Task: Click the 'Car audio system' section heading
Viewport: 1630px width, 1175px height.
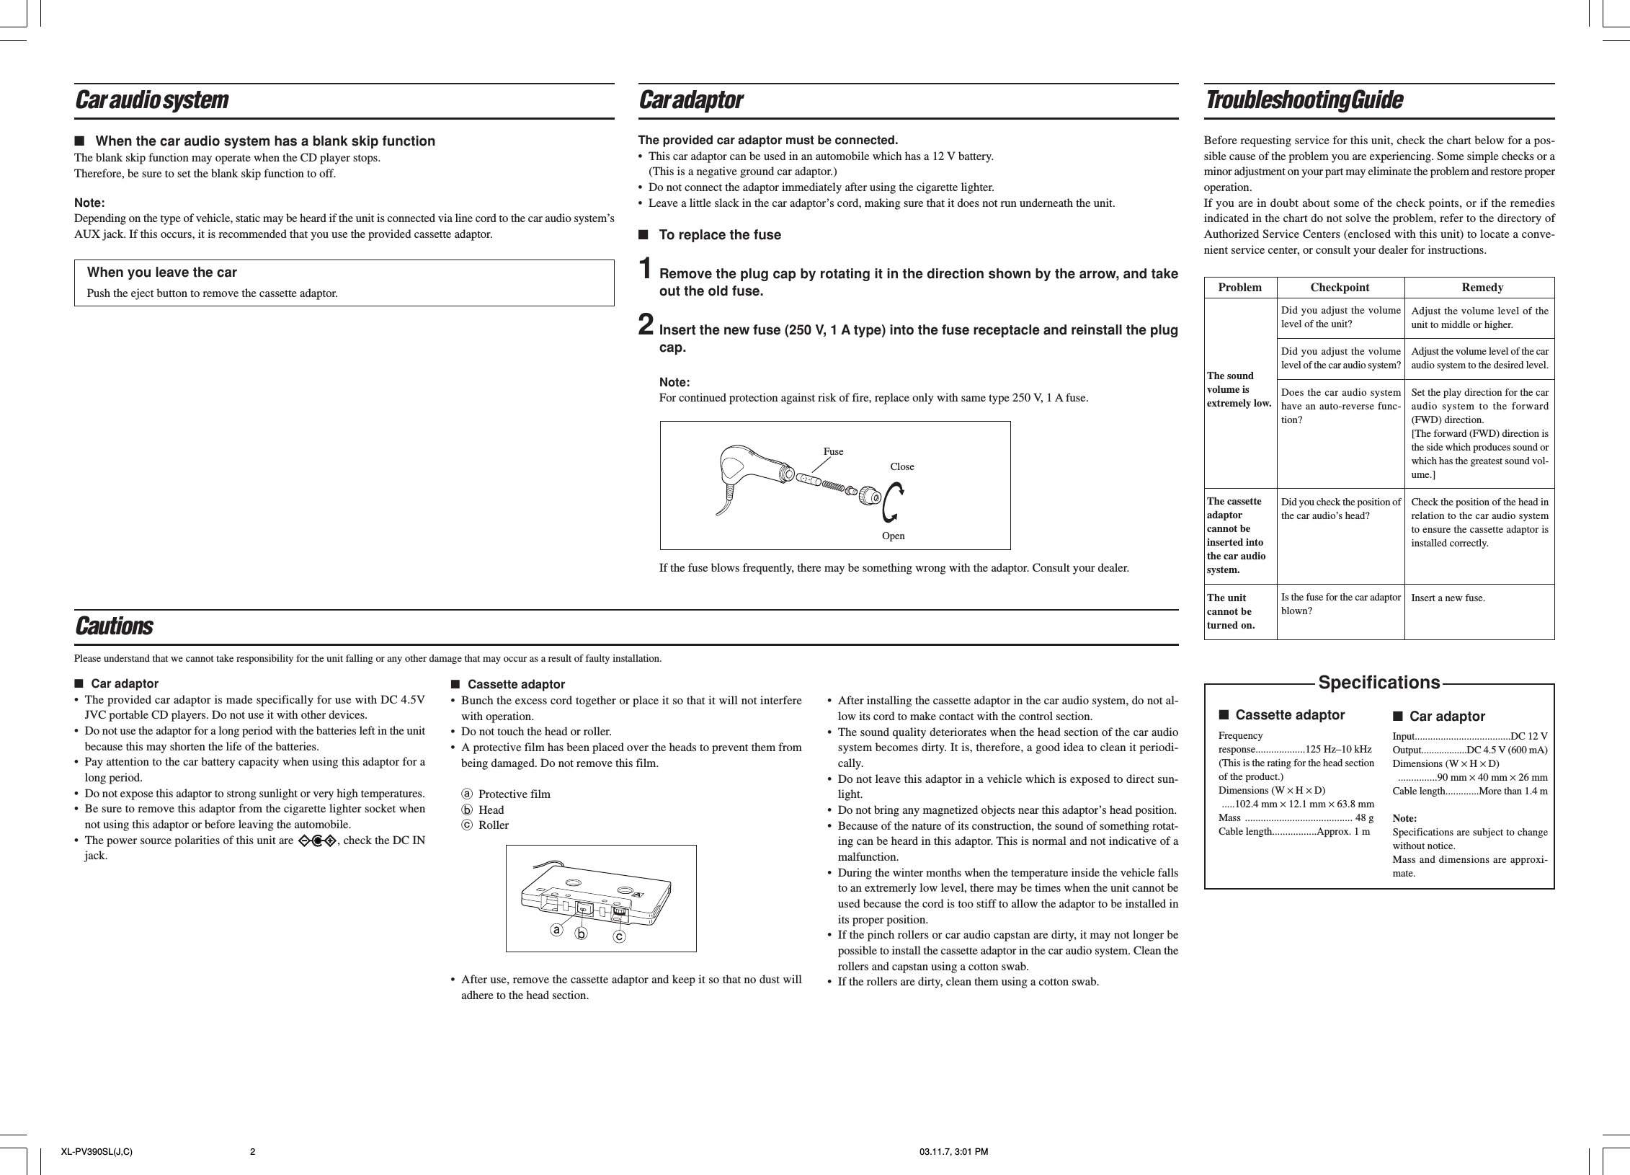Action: pos(152,101)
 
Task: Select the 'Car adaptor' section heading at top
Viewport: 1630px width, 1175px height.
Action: pos(691,101)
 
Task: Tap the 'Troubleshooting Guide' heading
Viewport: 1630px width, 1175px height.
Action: pos(1304,101)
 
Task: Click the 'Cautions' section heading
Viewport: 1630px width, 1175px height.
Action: pos(114,626)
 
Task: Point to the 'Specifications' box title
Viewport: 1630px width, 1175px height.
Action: pos(1379,683)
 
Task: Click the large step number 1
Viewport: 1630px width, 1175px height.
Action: pos(648,270)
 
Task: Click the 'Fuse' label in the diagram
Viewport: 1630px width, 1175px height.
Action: pos(833,452)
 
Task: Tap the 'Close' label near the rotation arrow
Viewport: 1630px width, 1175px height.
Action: pos(901,467)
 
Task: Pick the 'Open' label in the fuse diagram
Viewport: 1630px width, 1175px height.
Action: pos(893,536)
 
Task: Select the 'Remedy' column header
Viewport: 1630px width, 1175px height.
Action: pos(1482,288)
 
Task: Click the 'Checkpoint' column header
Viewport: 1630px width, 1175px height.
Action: pos(1340,288)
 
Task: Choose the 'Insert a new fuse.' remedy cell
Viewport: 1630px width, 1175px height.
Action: pos(1448,598)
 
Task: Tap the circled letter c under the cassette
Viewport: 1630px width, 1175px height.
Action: pos(619,936)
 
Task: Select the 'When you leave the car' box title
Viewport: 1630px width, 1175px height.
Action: pos(161,272)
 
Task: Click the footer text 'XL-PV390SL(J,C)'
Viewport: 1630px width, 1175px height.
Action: pos(97,1151)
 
